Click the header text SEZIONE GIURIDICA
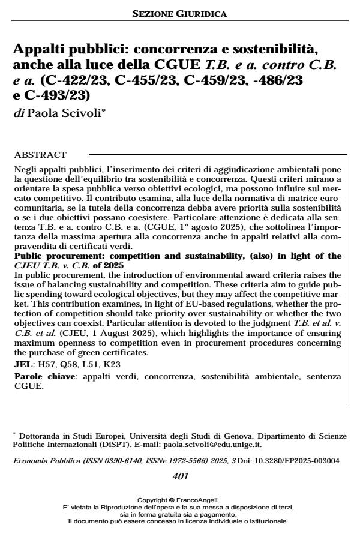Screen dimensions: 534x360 point(179,13)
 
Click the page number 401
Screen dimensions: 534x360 point(180,476)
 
